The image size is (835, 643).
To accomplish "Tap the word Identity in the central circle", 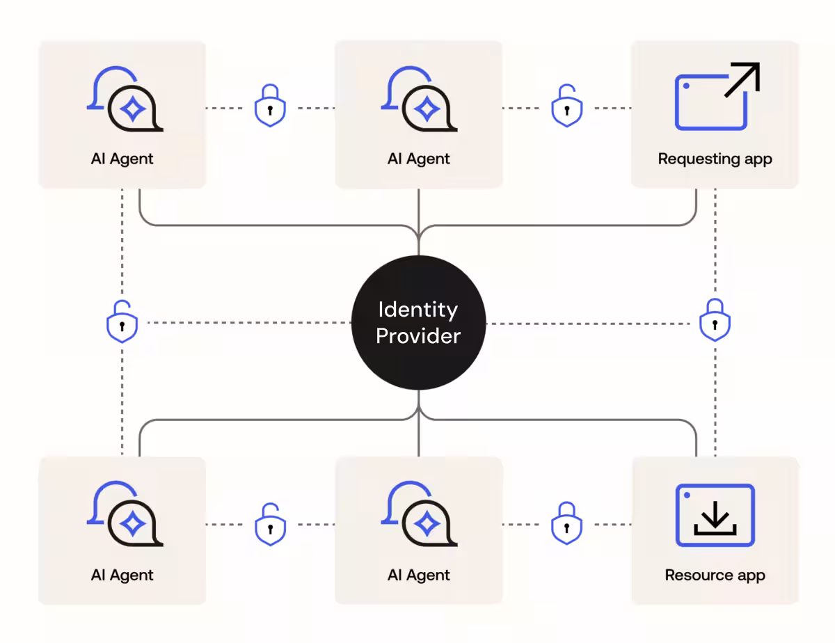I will coord(417,310).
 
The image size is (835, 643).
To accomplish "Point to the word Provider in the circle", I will coord(418,336).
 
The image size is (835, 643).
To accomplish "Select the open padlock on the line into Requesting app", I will coord(567,106).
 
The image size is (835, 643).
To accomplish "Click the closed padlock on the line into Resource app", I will coord(567,523).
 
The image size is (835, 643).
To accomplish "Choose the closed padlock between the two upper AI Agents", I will coord(270,106).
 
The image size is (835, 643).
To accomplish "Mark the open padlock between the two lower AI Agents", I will coord(270,523).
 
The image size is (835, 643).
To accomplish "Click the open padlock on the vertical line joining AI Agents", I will coord(122,321).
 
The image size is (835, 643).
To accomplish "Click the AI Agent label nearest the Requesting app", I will coord(418,159).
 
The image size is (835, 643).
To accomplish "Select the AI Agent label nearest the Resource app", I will coord(418,575).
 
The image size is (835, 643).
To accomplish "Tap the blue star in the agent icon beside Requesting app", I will coord(426,109).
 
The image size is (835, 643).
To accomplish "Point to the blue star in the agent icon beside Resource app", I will coord(426,524).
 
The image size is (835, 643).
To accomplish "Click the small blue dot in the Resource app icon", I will coord(687,495).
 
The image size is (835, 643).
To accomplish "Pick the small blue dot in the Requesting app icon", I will coord(686,86).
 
